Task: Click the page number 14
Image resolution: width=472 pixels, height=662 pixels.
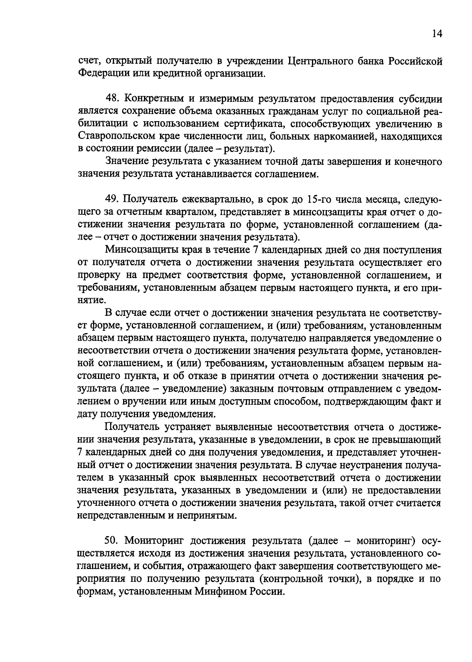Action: point(437,34)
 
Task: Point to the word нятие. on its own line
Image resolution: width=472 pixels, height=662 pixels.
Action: point(90,301)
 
